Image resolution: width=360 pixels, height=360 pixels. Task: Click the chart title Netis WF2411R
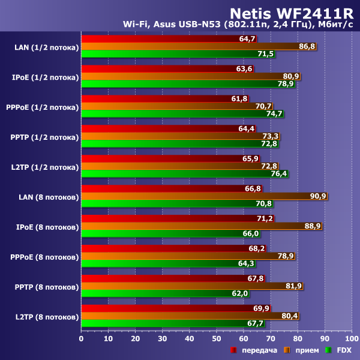click(x=293, y=11)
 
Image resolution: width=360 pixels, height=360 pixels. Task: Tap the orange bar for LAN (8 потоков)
click(x=204, y=196)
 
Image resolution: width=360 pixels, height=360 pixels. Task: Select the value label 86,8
click(x=307, y=46)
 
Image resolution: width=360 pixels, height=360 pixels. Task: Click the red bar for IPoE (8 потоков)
click(x=177, y=218)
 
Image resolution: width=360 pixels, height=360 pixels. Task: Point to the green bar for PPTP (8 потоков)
click(x=165, y=294)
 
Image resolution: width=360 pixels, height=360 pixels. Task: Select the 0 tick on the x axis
click(x=82, y=337)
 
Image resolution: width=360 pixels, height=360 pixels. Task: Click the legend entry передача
click(x=255, y=350)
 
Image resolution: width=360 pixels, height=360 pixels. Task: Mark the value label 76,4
click(x=279, y=174)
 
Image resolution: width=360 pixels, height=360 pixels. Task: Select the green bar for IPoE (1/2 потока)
click(x=188, y=84)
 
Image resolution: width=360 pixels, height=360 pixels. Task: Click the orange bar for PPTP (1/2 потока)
click(x=180, y=136)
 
